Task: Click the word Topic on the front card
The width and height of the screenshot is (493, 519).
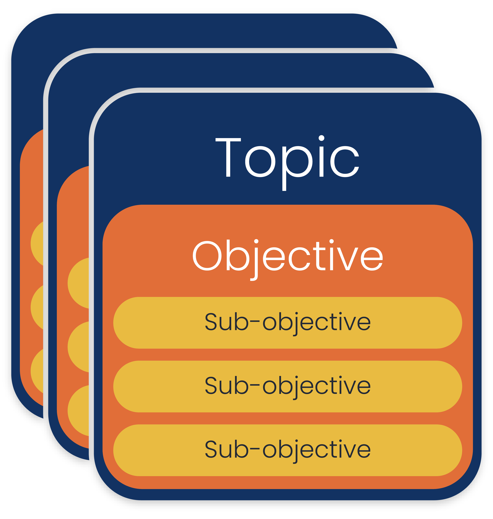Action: point(287,158)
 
